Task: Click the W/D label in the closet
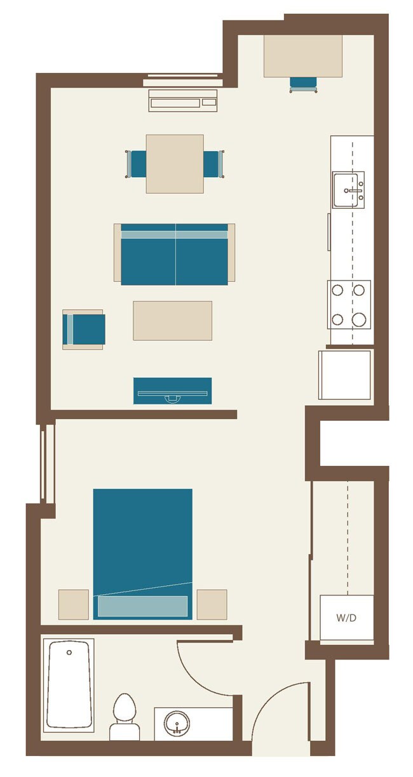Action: pyautogui.click(x=346, y=617)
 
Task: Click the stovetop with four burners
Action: pyautogui.click(x=349, y=304)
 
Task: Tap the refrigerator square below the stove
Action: pyautogui.click(x=345, y=374)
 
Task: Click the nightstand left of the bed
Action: pyautogui.click(x=74, y=604)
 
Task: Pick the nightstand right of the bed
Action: pyautogui.click(x=212, y=604)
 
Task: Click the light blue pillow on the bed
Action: pyautogui.click(x=142, y=606)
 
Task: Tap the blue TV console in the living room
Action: pyautogui.click(x=172, y=390)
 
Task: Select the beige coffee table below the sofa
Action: pyautogui.click(x=172, y=321)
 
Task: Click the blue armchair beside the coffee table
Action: pyautogui.click(x=84, y=329)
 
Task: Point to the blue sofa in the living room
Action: pyautogui.click(x=174, y=254)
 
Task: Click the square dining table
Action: pyautogui.click(x=175, y=164)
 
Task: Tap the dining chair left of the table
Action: pyautogui.click(x=137, y=164)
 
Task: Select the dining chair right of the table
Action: pyautogui.click(x=213, y=164)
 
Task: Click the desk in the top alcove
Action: pyautogui.click(x=303, y=56)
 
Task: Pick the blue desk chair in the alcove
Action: pyautogui.click(x=303, y=83)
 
